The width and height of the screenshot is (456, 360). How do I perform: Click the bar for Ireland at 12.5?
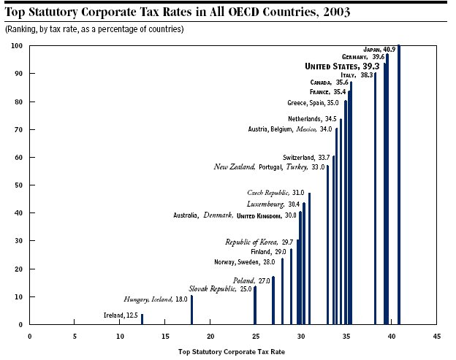[142, 320]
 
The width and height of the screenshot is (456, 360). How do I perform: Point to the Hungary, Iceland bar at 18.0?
[191, 310]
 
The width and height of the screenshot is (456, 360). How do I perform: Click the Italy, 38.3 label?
[357, 74]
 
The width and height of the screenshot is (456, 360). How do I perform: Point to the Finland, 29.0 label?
[267, 251]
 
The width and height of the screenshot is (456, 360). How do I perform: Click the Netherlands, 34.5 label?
[312, 118]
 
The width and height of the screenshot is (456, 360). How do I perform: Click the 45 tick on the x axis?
[437, 337]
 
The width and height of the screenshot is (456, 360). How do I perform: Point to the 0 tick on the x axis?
[29, 337]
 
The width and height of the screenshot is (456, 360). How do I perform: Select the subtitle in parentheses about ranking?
[94, 28]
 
